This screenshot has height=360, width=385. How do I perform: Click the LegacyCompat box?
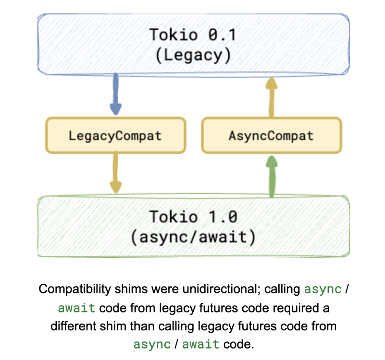point(115,135)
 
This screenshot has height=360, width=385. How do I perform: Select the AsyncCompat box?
point(271,135)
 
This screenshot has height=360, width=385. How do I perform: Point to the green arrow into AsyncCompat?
point(272,175)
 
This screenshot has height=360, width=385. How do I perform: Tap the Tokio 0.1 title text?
point(193,35)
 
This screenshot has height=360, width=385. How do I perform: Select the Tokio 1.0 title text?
point(193,216)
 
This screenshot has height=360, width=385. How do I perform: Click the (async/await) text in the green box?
point(193,237)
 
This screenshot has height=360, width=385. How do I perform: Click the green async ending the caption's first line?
point(323,289)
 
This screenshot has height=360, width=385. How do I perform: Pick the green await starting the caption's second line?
point(77,308)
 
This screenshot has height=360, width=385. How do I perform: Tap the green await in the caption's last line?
point(201,344)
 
